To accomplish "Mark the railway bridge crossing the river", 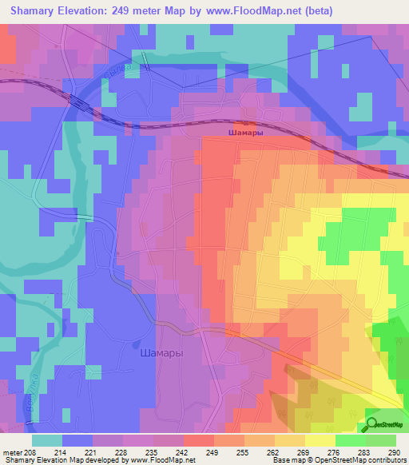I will (x=79, y=101).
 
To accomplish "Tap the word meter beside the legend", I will (x=10, y=453).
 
